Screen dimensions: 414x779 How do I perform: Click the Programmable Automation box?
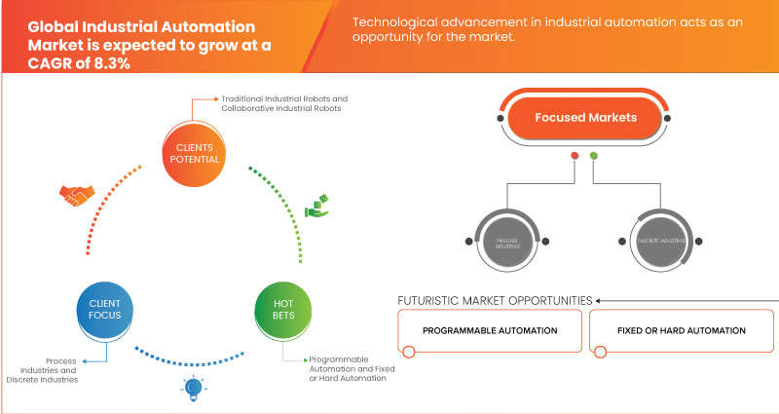490,330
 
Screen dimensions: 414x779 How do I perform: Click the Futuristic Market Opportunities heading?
495,300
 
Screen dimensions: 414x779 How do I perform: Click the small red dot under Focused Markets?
575,156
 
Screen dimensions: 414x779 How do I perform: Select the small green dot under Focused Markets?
594,156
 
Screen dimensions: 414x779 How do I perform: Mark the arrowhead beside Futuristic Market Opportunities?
599,300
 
